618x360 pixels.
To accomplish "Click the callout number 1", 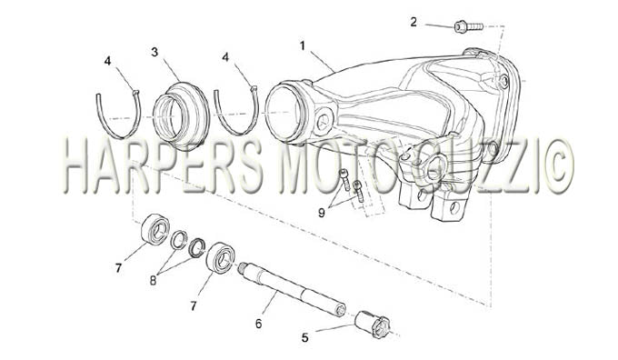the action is [x=303, y=46].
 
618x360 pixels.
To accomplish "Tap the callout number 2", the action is [x=413, y=22].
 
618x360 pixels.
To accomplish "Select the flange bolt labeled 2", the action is [x=468, y=26].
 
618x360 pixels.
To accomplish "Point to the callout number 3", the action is [x=154, y=52].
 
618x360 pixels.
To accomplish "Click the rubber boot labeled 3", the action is [x=181, y=116].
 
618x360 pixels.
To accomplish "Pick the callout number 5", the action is [x=304, y=338].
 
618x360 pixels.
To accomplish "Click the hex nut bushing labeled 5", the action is [x=373, y=325].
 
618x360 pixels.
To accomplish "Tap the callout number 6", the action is [x=258, y=324].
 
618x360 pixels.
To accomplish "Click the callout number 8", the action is [x=153, y=280].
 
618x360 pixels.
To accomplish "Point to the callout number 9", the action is [x=322, y=213].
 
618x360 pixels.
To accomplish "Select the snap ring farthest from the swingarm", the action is [x=119, y=115].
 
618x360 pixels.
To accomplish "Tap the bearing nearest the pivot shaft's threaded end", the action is [x=221, y=256].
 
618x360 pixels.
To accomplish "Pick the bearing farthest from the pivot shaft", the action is [x=155, y=229].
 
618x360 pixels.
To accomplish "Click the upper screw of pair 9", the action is [x=344, y=179].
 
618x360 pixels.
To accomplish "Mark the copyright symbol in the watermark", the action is [x=556, y=166].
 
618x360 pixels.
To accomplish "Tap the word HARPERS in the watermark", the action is [x=163, y=166].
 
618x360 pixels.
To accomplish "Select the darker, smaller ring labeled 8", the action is [x=196, y=247].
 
